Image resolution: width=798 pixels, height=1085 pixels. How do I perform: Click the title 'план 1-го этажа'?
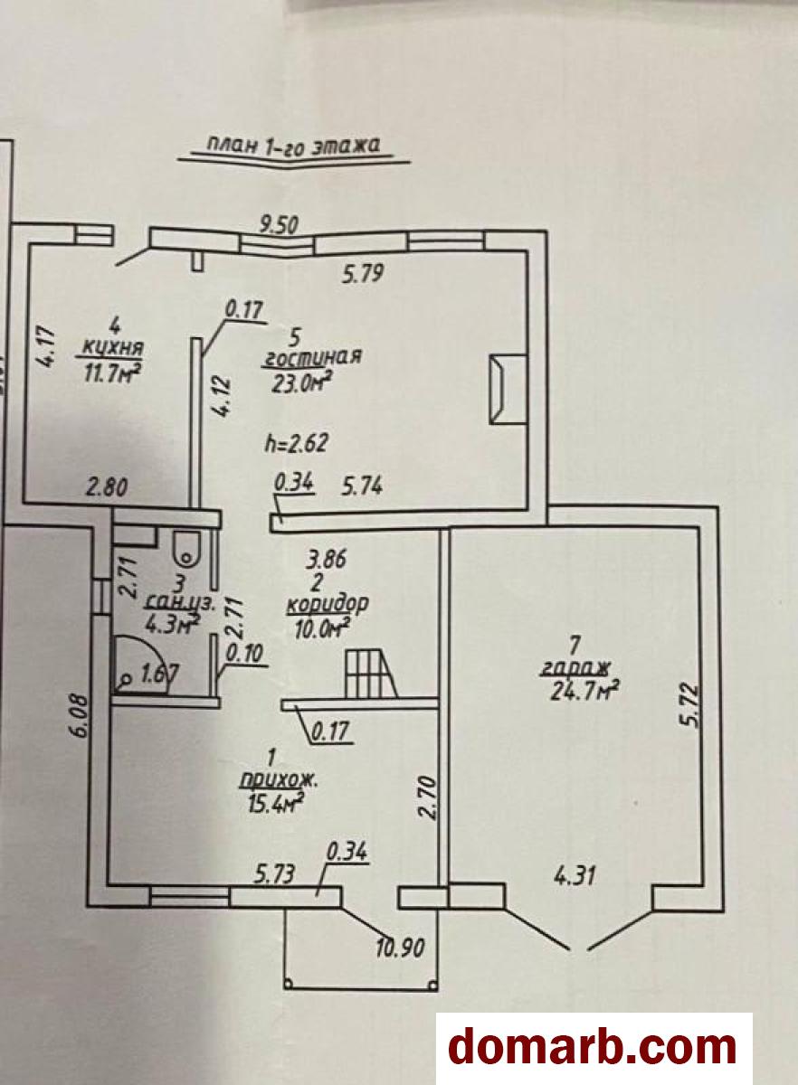[293, 146]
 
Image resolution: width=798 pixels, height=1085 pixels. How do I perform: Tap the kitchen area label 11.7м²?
[110, 373]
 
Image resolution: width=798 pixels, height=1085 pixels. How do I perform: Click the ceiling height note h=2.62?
[297, 442]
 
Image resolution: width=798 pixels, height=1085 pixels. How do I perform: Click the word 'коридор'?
[328, 604]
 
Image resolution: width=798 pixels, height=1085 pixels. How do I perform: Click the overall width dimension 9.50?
[279, 225]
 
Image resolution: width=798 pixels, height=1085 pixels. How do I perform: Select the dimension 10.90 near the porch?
[401, 948]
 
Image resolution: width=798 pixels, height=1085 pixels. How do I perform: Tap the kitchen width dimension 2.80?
[107, 486]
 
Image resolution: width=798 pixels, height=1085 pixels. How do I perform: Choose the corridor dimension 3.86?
[326, 560]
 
